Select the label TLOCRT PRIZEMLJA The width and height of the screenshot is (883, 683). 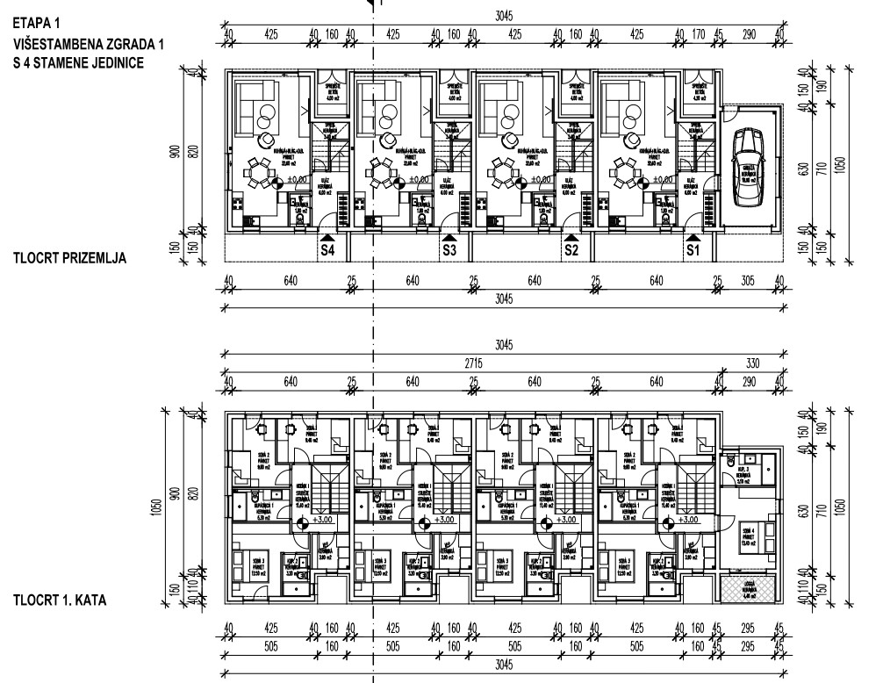click(x=71, y=259)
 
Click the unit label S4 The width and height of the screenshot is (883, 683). click(x=327, y=250)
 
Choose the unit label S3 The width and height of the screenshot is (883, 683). click(x=449, y=250)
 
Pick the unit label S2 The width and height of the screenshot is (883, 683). click(x=571, y=250)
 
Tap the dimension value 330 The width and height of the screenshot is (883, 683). click(x=750, y=363)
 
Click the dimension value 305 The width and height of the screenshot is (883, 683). click(x=749, y=283)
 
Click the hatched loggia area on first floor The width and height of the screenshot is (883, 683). click(x=749, y=589)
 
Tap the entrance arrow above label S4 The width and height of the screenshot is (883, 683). click(x=327, y=236)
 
